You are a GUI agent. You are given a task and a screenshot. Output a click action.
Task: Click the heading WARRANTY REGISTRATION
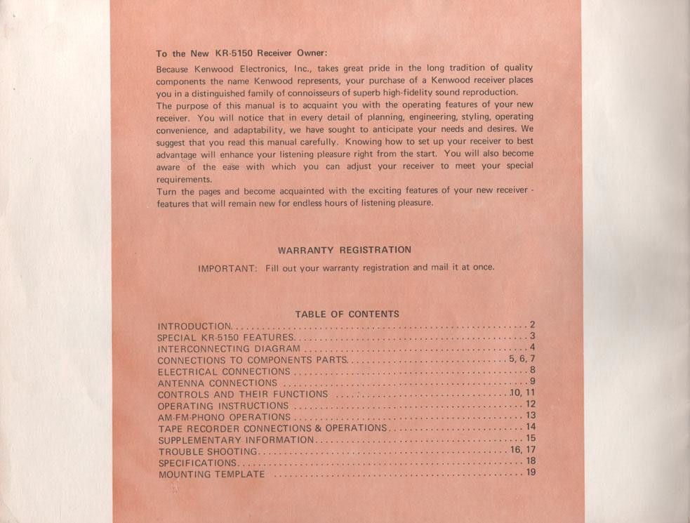tap(344, 250)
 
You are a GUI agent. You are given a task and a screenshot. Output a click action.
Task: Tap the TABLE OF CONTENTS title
tap(347, 315)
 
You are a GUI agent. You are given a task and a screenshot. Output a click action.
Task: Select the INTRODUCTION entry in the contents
tap(194, 326)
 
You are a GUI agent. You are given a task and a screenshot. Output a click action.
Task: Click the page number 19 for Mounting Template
tap(531, 472)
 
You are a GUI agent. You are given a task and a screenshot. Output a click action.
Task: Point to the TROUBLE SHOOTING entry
tap(208, 451)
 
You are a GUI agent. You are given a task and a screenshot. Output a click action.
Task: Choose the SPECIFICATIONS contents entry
tap(197, 463)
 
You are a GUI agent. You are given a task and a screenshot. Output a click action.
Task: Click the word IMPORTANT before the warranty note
tap(227, 267)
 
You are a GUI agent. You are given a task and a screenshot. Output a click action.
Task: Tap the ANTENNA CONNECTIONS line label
tap(218, 383)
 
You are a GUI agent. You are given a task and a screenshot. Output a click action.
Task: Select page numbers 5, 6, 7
tap(522, 359)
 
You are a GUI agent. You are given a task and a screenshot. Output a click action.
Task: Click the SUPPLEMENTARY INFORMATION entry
tap(237, 440)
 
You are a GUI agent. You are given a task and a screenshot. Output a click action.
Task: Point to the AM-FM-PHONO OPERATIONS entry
tap(224, 417)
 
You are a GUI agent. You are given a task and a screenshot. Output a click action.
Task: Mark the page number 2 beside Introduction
tap(533, 325)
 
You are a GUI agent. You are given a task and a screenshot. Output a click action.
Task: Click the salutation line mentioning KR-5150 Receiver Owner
tap(241, 53)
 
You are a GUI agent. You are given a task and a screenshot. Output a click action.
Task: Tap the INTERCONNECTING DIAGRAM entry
tap(229, 349)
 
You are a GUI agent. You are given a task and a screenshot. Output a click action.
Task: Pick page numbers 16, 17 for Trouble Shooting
tap(522, 450)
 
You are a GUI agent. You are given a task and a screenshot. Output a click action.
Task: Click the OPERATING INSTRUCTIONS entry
tap(223, 406)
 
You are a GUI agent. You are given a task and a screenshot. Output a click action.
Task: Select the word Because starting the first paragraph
tap(173, 69)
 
